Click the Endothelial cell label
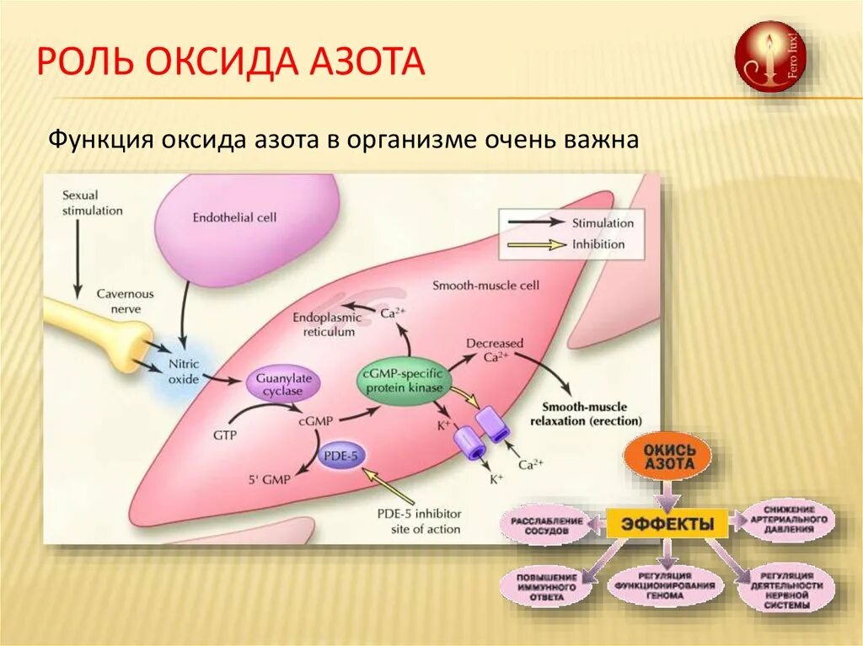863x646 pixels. [x=234, y=217]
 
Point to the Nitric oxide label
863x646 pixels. [x=184, y=372]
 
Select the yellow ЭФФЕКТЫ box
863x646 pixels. [x=667, y=525]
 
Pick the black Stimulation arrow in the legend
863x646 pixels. [x=534, y=222]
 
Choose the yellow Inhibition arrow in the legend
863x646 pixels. [x=534, y=245]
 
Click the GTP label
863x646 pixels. [x=226, y=435]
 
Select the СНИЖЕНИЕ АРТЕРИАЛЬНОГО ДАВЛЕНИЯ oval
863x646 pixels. [x=788, y=520]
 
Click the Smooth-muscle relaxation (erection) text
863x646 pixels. [x=592, y=413]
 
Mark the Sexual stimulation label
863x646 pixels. [x=92, y=202]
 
